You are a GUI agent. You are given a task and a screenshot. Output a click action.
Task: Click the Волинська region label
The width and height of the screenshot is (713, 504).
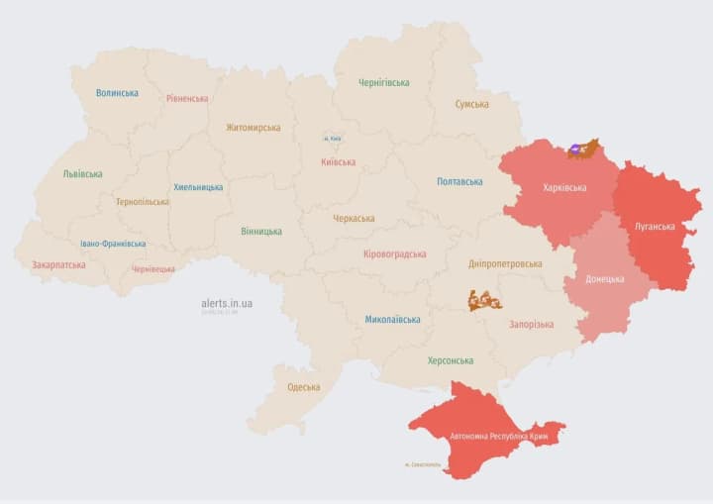pos(117,93)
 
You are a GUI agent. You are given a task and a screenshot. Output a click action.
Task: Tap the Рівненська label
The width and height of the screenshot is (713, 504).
pos(187,98)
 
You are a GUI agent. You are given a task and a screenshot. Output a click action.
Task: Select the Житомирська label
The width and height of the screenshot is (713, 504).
pos(253,127)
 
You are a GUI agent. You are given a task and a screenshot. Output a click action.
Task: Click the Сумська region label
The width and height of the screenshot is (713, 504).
pos(471,104)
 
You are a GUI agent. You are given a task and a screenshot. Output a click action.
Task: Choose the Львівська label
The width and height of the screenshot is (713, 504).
pos(82,173)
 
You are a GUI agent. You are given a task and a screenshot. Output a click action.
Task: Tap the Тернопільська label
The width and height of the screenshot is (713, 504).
pos(142,202)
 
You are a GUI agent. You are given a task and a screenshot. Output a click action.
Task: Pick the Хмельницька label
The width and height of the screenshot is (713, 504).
pos(198,187)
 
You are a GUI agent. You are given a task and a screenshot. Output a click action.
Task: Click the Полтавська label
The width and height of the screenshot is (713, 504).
pos(459,181)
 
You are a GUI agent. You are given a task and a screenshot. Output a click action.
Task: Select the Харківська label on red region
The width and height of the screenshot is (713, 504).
pos(564,187)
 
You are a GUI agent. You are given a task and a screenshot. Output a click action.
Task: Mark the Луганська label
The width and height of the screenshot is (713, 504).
pos(655,226)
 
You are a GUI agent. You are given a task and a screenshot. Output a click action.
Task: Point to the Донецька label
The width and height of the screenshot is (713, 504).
pos(605,279)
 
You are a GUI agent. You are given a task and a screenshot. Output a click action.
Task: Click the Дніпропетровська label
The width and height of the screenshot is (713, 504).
pos(505,264)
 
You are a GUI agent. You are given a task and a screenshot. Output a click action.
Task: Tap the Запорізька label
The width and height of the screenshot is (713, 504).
pos(531,324)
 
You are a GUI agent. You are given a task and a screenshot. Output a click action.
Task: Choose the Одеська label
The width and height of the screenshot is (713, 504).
pos(303,387)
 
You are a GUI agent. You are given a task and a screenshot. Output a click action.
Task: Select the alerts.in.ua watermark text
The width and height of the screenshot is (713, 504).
pos(227,303)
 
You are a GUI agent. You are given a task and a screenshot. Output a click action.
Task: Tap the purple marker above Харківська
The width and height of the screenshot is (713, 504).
pos(575,151)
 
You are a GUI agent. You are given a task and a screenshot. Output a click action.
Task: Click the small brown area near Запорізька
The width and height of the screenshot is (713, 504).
pos(485,301)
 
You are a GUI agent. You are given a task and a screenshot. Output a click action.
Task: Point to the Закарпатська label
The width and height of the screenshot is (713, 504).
pos(58,265)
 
